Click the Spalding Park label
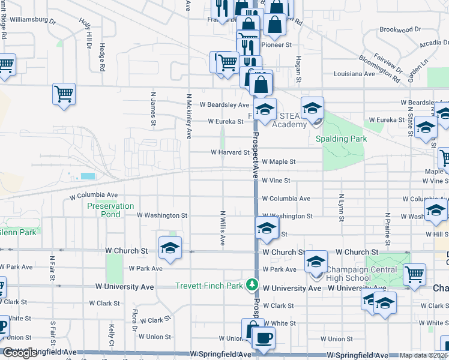(341, 139)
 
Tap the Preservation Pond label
(110, 209)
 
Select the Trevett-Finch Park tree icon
(253, 284)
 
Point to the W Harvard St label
(229, 152)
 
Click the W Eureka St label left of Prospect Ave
(226, 121)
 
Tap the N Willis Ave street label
(222, 228)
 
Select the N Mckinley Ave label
(188, 116)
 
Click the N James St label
(154, 109)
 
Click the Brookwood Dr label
(400, 29)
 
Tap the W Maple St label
(279, 162)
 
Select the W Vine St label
(276, 180)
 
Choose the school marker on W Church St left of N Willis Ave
(170, 248)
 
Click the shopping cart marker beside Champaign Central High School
(414, 274)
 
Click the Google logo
(20, 353)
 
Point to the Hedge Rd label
(103, 58)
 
